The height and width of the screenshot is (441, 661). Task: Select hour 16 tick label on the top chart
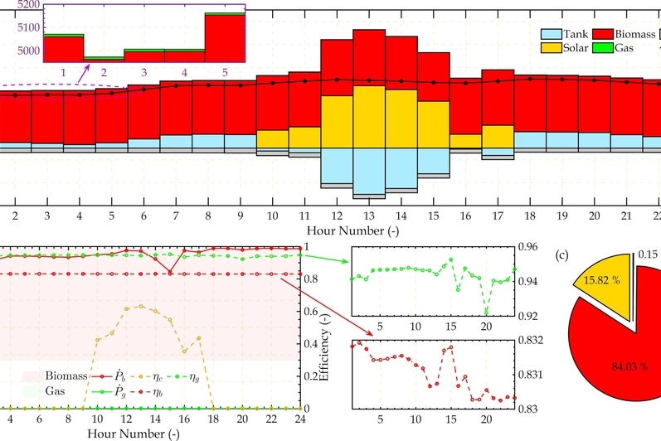tap(465, 216)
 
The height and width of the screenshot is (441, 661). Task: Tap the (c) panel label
tap(562, 256)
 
